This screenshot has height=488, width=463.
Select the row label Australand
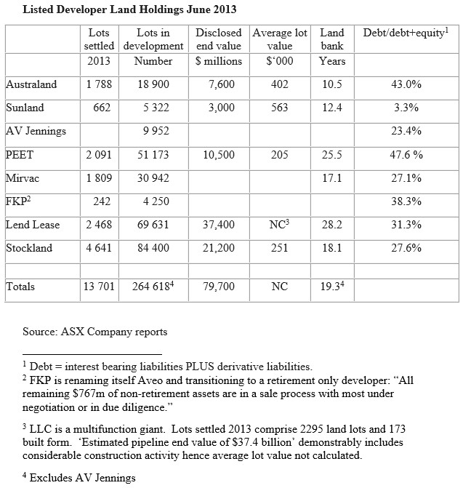(31, 84)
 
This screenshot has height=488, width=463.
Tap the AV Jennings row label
(36, 132)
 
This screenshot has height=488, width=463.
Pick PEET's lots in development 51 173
(153, 155)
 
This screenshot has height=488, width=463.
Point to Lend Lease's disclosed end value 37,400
(218, 225)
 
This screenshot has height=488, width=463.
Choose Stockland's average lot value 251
(279, 248)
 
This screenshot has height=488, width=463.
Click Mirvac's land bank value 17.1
(331, 178)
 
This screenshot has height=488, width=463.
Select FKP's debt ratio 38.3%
(406, 201)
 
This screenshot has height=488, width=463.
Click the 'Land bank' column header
(331, 39)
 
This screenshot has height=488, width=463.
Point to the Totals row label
(21, 287)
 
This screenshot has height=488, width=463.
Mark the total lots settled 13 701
(98, 287)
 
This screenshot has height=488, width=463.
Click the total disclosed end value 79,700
(218, 287)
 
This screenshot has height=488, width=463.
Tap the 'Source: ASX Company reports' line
(94, 332)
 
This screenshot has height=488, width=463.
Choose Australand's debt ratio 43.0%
(406, 84)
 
